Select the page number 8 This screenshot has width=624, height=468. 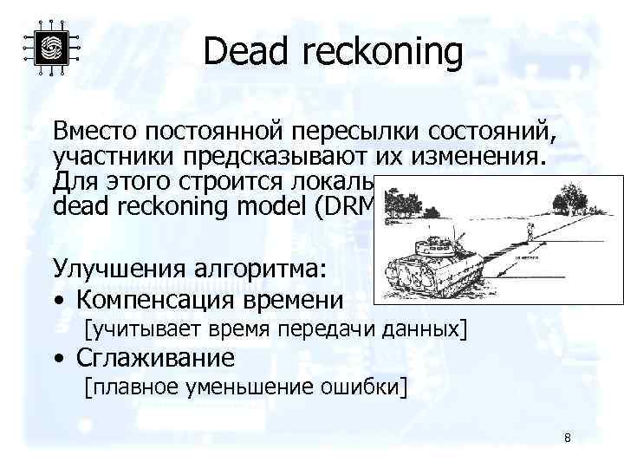tap(567, 438)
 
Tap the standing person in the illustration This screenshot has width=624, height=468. tap(531, 229)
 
